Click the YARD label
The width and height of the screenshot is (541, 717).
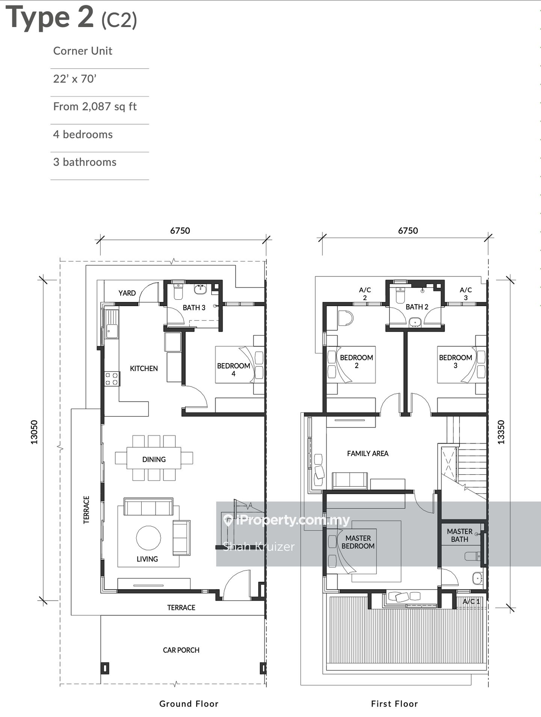[127, 293]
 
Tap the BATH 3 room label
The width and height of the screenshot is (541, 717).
[194, 308]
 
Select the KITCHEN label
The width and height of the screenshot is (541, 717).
[144, 368]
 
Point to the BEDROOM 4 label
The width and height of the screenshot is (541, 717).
[233, 370]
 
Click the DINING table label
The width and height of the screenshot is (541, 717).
[154, 459]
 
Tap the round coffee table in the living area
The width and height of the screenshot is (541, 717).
[148, 538]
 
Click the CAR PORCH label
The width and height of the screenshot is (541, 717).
[181, 650]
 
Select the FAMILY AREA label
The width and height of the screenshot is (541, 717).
[368, 453]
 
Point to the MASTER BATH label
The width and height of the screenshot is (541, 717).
[460, 535]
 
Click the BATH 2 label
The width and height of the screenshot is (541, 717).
[417, 307]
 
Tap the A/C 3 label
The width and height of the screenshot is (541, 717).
[466, 294]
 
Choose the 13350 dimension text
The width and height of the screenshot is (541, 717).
[501, 432]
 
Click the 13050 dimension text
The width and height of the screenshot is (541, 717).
[34, 432]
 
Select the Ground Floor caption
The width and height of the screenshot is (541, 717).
[189, 703]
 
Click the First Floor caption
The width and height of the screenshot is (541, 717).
[394, 703]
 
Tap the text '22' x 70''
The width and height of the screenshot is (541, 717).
[75, 79]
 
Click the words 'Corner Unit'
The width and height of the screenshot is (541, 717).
[83, 51]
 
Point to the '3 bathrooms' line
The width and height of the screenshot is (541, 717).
[85, 162]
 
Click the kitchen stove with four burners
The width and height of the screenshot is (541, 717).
[112, 379]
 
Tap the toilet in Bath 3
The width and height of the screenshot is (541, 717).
[178, 291]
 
